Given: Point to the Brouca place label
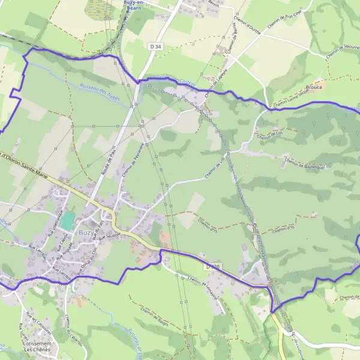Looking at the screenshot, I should [313, 87].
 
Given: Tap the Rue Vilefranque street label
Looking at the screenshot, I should [60, 220].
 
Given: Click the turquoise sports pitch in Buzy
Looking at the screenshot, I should [68, 220].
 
